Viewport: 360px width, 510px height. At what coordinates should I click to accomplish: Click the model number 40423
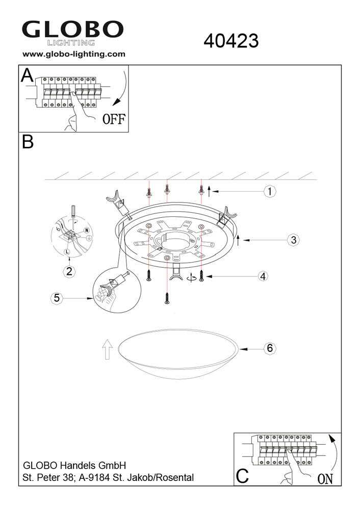coord(231,41)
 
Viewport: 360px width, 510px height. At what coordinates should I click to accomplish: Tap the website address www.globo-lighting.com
coord(74,54)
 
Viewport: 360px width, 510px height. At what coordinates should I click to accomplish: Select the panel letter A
coord(27,76)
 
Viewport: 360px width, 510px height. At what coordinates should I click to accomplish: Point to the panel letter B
coord(28,142)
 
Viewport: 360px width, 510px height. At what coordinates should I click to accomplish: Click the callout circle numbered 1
coord(270,191)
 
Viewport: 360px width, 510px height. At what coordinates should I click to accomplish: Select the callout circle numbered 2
coord(69,271)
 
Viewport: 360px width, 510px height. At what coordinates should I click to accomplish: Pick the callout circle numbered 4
coord(263,276)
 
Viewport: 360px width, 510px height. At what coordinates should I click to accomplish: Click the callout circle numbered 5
coord(57,298)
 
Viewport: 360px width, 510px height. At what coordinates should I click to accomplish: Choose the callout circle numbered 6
coord(270,348)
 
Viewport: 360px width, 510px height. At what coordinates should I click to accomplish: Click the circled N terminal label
coord(87,231)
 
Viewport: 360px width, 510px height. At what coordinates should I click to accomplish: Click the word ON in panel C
coord(325,479)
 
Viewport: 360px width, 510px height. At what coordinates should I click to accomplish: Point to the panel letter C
coord(242,475)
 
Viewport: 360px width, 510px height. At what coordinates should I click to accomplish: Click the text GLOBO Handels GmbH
coord(74,465)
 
